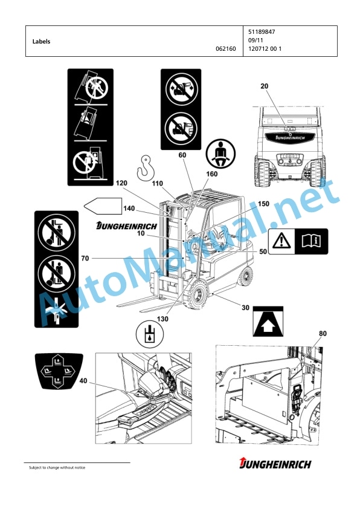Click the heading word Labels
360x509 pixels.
41,42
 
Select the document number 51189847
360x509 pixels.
262,32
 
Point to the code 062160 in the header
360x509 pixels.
226,49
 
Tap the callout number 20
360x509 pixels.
265,86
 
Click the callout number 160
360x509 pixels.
212,174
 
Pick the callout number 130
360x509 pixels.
162,319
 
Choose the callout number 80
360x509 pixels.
323,334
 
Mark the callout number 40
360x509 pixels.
83,380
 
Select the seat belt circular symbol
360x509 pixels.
221,154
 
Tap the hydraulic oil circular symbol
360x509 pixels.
150,334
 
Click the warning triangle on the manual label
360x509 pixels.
281,241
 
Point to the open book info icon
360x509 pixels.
311,241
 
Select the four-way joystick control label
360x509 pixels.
59,371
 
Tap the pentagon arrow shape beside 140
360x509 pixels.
103,206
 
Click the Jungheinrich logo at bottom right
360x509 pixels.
275,463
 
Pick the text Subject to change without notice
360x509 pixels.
57,467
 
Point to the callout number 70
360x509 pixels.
85,258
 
